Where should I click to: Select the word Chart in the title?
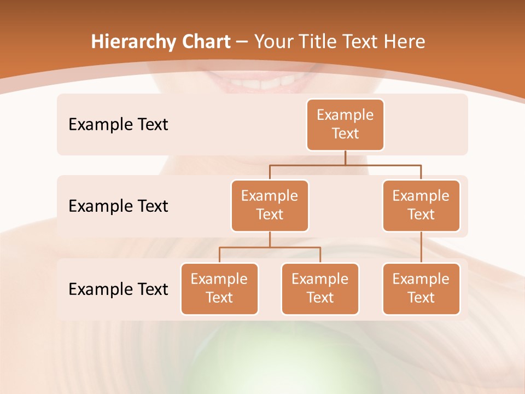[x=204, y=42]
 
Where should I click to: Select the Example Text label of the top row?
[x=118, y=125]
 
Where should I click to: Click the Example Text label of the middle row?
[x=118, y=206]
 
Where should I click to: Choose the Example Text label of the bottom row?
[x=118, y=289]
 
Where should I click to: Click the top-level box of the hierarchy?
[x=345, y=125]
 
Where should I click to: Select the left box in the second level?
[x=270, y=206]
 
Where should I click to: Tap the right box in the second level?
[x=421, y=206]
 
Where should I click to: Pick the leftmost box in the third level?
[x=219, y=289]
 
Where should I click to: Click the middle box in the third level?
[x=320, y=289]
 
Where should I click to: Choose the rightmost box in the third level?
[x=421, y=289]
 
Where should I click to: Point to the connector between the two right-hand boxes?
[x=421, y=247]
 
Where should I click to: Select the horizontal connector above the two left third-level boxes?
[x=270, y=247]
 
